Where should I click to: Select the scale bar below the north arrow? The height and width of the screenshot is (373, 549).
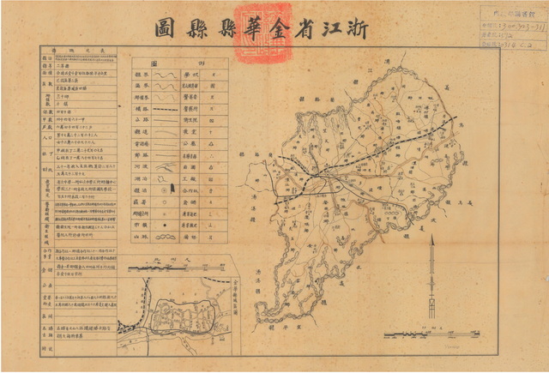412,331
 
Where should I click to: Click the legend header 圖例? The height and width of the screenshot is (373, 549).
178,63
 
